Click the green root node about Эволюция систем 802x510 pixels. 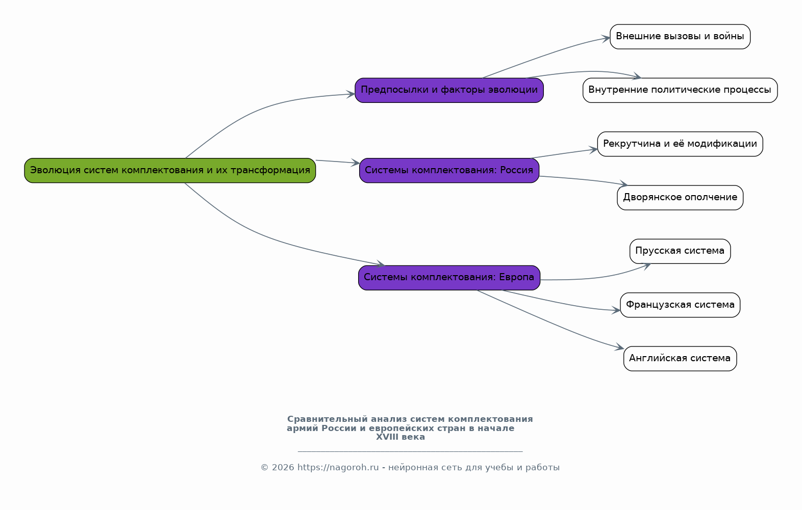pos(170,171)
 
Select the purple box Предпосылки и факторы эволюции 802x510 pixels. pos(449,91)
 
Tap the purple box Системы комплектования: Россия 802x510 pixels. pos(449,171)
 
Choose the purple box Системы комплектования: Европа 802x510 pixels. pos(449,278)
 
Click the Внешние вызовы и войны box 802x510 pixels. pos(680,37)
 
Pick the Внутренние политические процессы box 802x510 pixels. pos(680,91)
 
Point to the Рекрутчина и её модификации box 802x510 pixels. pos(680,144)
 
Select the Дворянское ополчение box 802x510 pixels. pos(680,198)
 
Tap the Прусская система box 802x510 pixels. pos(680,251)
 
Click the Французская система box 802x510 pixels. pos(680,305)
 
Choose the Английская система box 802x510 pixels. pos(680,359)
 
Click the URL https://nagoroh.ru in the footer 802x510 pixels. pos(338,467)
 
